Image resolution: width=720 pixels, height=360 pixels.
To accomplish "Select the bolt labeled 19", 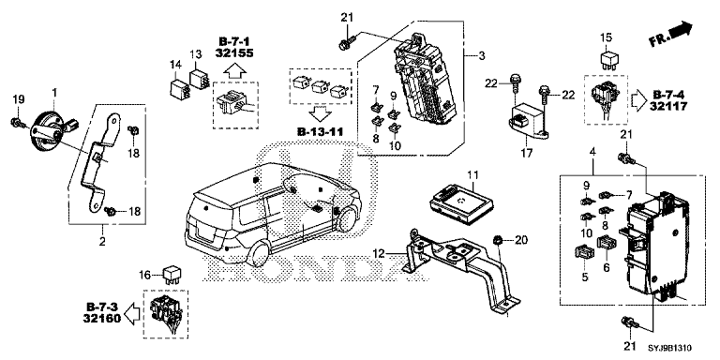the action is (17, 121).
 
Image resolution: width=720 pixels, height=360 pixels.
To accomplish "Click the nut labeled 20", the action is (497, 240).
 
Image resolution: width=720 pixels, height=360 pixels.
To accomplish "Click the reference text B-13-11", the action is (321, 132).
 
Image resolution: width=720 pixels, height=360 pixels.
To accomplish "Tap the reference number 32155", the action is (234, 52).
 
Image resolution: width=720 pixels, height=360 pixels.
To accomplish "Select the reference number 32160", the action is (102, 317).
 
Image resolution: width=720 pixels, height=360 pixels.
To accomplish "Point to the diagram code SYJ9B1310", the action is (670, 349).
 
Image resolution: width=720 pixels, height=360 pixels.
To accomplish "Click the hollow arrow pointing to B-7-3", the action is (133, 314).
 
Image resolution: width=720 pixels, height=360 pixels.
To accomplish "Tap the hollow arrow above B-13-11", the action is (321, 112).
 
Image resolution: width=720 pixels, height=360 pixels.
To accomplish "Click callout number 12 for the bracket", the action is (378, 252).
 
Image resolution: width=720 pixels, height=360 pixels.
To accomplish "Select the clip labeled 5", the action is (584, 252).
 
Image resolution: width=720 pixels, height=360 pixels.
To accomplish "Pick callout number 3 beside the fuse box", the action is (481, 56).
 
